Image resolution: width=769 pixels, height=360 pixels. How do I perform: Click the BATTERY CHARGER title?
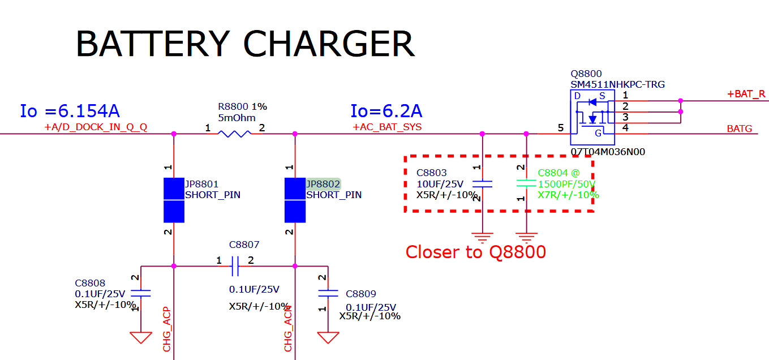point(245,44)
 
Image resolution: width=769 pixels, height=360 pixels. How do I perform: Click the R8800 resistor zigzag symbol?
point(234,134)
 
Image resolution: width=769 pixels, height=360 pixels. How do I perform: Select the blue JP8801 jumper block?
point(174,200)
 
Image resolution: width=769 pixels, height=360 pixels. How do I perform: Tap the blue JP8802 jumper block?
point(295,200)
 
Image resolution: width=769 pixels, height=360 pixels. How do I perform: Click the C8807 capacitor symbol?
point(235,265)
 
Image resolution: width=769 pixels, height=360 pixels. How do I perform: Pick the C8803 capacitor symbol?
point(482,183)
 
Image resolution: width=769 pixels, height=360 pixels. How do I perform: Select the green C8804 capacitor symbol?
point(526,183)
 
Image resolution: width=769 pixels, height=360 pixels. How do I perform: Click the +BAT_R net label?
point(746,94)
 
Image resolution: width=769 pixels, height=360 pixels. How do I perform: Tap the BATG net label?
point(739,129)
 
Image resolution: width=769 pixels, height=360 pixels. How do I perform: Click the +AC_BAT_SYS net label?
point(387,127)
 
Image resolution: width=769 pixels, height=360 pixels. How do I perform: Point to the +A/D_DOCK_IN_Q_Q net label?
point(96,127)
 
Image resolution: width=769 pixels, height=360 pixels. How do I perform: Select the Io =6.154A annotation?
point(70,111)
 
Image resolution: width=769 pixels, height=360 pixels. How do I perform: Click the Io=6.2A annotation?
point(386,111)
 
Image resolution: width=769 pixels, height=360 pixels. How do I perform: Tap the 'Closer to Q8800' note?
point(475,252)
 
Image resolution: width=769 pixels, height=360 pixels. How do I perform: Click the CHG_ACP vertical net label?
point(167,331)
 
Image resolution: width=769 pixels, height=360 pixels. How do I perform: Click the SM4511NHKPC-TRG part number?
point(617,84)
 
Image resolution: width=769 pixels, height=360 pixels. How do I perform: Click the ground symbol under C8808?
point(140,337)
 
